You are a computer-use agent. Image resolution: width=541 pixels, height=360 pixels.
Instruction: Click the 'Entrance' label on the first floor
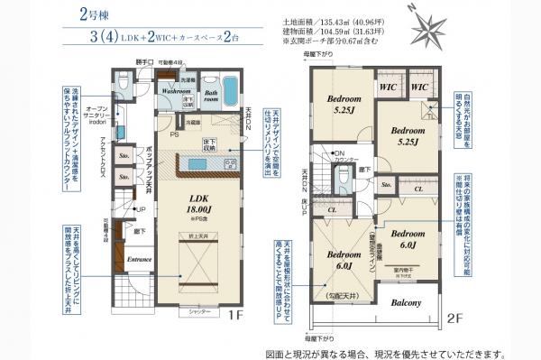(140, 261)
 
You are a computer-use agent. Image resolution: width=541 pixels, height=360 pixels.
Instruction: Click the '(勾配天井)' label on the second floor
(344, 295)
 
